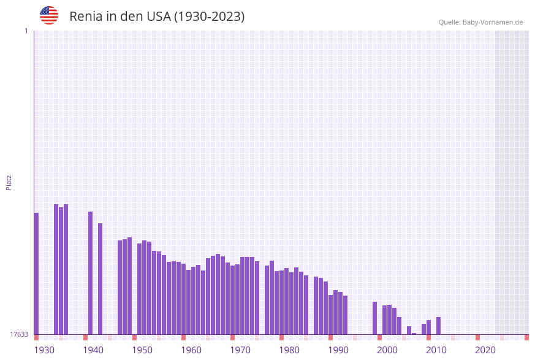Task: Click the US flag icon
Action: pyautogui.click(x=49, y=15)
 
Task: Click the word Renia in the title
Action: pyautogui.click(x=86, y=17)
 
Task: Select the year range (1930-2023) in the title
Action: pyautogui.click(x=210, y=17)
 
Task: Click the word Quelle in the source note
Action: pyautogui.click(x=449, y=22)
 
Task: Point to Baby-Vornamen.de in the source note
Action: pyautogui.click(x=493, y=22)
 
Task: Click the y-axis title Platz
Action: pyautogui.click(x=9, y=182)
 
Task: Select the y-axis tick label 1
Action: pyautogui.click(x=26, y=31)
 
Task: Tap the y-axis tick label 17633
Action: pyautogui.click(x=19, y=334)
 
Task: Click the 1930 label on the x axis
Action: pyautogui.click(x=44, y=350)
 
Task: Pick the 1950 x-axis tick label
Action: pyautogui.click(x=142, y=350)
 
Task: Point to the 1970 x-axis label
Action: pyautogui.click(x=240, y=350)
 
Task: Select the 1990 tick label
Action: pyautogui.click(x=338, y=350)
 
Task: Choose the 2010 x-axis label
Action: pyautogui.click(x=436, y=350)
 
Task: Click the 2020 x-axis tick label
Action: pyautogui.click(x=485, y=350)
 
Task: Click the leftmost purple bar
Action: pyautogui.click(x=36, y=273)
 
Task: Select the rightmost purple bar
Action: pyautogui.click(x=438, y=326)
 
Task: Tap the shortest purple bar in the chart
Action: pyautogui.click(x=414, y=334)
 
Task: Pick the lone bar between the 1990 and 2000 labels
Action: pyautogui.click(x=374, y=318)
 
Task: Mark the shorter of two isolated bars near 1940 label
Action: pyautogui.click(x=100, y=278)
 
